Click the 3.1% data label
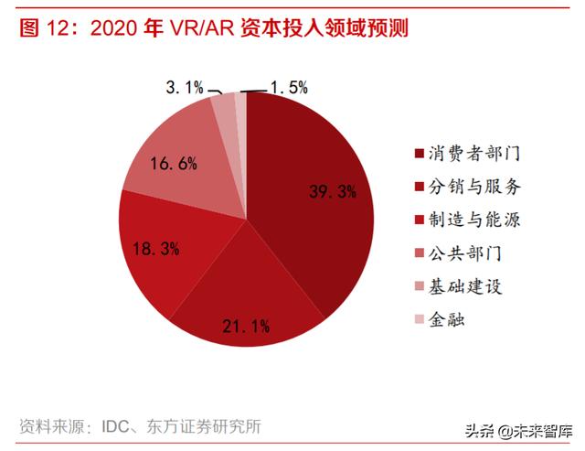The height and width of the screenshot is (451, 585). coord(185,88)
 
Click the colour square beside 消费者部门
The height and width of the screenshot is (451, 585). coord(420,154)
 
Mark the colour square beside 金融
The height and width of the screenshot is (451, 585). coord(420,320)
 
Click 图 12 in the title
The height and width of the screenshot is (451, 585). coord(46,29)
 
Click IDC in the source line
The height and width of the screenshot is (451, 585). coord(120,425)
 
